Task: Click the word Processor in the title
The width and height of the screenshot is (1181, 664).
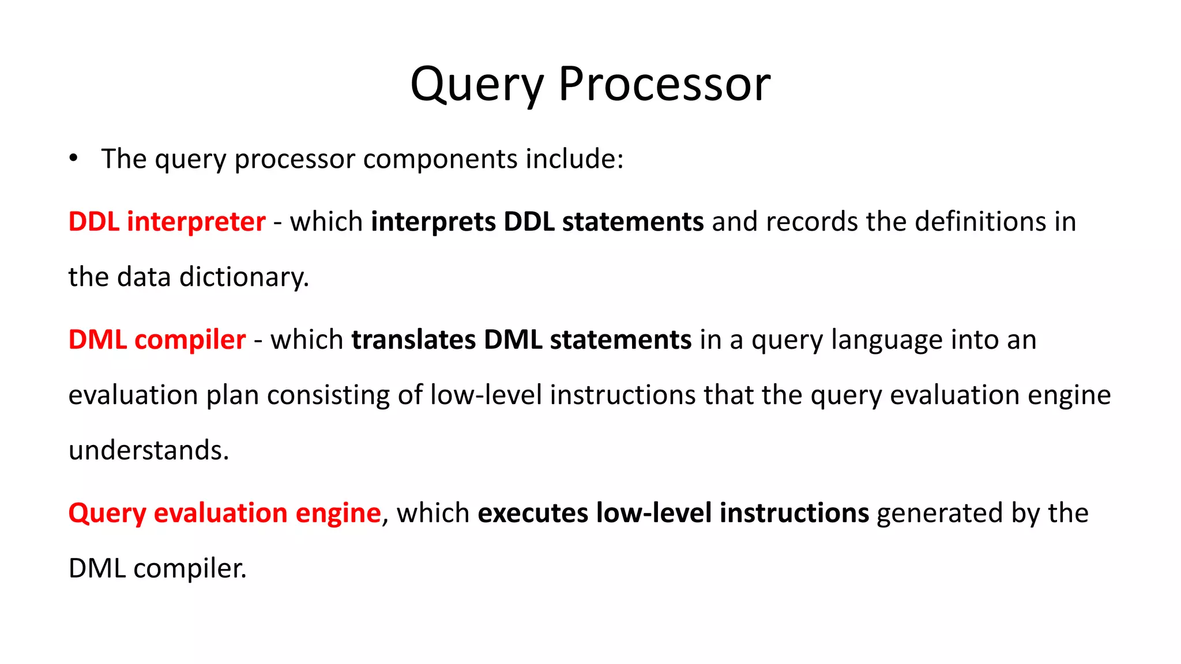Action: click(x=664, y=84)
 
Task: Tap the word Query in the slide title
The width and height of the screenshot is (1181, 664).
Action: click(x=476, y=85)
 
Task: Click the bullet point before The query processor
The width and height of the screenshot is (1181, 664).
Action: click(x=73, y=159)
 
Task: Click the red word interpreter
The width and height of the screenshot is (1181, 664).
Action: click(x=196, y=222)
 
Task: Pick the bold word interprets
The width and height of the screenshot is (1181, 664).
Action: click(x=433, y=222)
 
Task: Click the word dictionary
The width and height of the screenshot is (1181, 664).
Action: click(x=244, y=277)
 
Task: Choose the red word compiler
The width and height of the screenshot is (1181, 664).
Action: click(x=190, y=340)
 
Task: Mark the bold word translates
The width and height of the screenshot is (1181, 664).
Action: click(x=413, y=340)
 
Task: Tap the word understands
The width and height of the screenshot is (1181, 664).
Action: click(x=148, y=450)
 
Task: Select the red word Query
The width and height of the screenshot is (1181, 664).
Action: click(x=107, y=514)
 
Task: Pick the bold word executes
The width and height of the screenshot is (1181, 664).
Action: click(x=533, y=514)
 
